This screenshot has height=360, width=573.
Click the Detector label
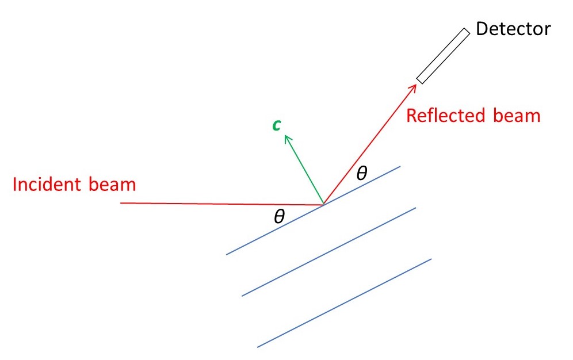[513, 29]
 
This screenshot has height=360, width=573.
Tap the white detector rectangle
[444, 56]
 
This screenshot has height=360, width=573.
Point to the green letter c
[277, 125]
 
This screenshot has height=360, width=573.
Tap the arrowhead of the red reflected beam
[414, 86]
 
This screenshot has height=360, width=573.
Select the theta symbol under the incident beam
[279, 216]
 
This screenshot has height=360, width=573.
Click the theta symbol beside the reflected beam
[361, 173]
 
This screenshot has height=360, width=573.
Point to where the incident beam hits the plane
[323, 204]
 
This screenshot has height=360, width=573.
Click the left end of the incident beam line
[121, 203]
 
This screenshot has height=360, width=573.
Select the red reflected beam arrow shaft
[369, 145]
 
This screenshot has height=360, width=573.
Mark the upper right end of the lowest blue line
[430, 259]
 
